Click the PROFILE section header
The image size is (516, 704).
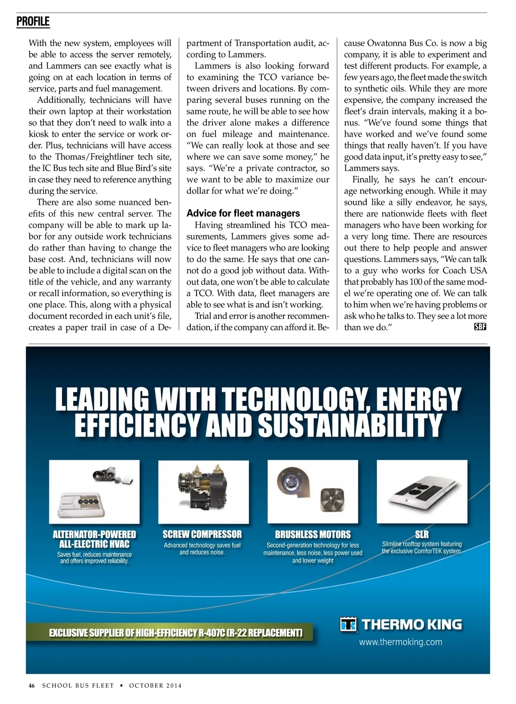click(x=33, y=21)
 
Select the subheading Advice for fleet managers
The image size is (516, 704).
click(x=243, y=213)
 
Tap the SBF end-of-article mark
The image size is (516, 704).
click(x=480, y=327)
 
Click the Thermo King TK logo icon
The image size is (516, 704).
click(x=348, y=624)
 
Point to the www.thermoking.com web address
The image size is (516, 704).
click(x=400, y=642)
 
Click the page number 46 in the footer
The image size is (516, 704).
click(x=32, y=686)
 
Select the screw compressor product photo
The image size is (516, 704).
click(x=203, y=491)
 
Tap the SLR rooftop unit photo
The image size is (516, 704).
click(x=421, y=491)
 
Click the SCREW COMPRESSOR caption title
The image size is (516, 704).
click(x=202, y=534)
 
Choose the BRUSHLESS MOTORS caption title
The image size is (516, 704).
click(x=313, y=535)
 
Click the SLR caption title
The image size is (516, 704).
click(x=421, y=534)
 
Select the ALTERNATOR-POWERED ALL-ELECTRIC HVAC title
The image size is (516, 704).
click(x=94, y=539)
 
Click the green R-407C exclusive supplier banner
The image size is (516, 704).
click(x=175, y=633)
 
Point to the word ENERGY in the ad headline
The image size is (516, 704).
click(x=417, y=399)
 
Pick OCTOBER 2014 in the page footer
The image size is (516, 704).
click(x=155, y=686)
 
